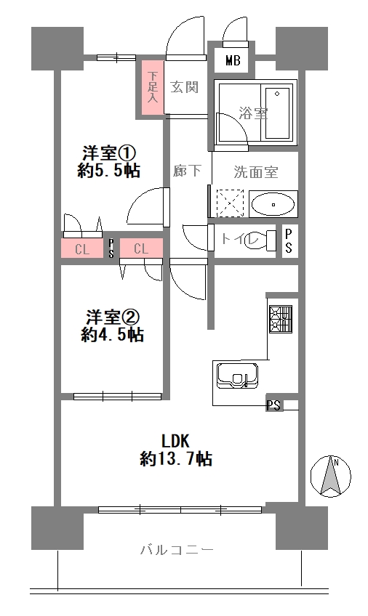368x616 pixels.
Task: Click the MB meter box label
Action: pos(233,61)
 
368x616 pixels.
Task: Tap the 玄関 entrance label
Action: pos(185,87)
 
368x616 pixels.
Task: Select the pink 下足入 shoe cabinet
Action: pos(151,88)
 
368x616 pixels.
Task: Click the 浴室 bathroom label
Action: pos(254,113)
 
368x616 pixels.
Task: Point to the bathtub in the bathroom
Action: pos(278,113)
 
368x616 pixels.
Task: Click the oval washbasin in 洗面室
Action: pos(273,205)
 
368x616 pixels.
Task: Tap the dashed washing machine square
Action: pos(231,203)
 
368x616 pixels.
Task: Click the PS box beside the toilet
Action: pos(289,241)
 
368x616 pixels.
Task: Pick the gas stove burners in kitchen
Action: pos(281,319)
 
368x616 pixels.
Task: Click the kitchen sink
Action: pos(239,376)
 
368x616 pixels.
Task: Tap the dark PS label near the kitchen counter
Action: pos(274,405)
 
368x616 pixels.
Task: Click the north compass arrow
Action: pos(331,476)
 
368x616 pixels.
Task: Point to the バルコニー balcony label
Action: pos(177,550)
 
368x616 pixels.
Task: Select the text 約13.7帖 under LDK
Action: pos(176,458)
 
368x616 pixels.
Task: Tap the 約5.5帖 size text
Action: pos(108,171)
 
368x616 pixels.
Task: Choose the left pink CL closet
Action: pos(82,248)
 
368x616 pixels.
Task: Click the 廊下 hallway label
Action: pos(187,170)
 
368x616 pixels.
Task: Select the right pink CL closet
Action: pos(141,248)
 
